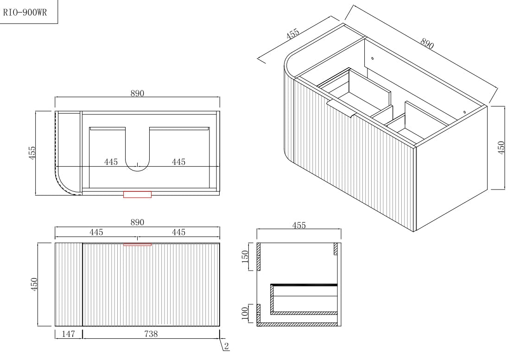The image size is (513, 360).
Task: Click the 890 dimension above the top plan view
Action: pyautogui.click(x=137, y=93)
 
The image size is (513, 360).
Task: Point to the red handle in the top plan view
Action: pyautogui.click(x=137, y=194)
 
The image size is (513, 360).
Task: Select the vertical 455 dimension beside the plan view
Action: pyautogui.click(x=32, y=152)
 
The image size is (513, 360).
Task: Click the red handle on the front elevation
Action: pyautogui.click(x=137, y=244)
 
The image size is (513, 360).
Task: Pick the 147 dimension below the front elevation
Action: pyautogui.click(x=69, y=334)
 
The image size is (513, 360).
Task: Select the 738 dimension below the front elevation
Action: pyautogui.click(x=151, y=334)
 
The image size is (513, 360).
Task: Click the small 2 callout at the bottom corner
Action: pyautogui.click(x=226, y=346)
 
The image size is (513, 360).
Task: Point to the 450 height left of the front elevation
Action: pyautogui.click(x=33, y=283)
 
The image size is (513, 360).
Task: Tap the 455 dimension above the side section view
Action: pyautogui.click(x=299, y=225)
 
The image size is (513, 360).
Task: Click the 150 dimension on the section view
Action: pyautogui.click(x=247, y=256)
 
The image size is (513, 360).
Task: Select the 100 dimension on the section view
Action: pyautogui.click(x=247, y=315)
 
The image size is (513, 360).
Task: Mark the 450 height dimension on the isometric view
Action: pyautogui.click(x=501, y=148)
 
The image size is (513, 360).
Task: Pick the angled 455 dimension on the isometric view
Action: pyautogui.click(x=293, y=34)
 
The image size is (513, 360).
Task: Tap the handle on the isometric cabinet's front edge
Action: pyautogui.click(x=341, y=109)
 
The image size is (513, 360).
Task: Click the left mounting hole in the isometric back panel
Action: pyautogui.click(x=372, y=58)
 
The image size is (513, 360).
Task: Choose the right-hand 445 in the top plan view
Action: pyautogui.click(x=178, y=162)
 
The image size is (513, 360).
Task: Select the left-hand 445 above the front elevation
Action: pyautogui.click(x=96, y=232)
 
